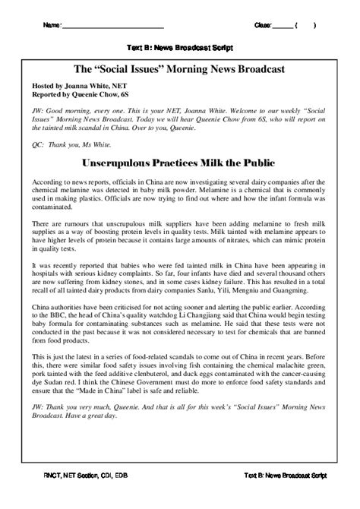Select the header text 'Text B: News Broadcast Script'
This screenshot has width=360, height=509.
[180, 46]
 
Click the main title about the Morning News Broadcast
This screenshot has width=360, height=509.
[180, 70]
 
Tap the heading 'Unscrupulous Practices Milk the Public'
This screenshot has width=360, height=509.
[180, 163]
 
